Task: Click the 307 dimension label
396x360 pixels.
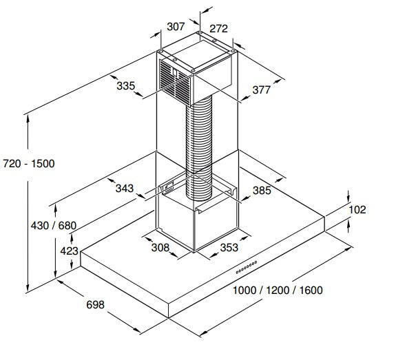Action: click(x=176, y=27)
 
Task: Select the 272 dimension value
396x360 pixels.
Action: click(x=218, y=28)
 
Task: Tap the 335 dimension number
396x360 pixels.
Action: click(x=126, y=86)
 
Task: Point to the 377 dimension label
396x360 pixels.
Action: click(x=262, y=90)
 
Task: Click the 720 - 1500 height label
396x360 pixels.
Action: click(x=29, y=164)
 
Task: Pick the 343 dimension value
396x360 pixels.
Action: click(x=125, y=189)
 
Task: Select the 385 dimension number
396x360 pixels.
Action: click(x=262, y=191)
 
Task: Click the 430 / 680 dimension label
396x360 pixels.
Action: click(x=54, y=226)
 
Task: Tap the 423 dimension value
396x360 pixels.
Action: click(x=69, y=251)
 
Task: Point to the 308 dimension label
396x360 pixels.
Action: click(x=160, y=247)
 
